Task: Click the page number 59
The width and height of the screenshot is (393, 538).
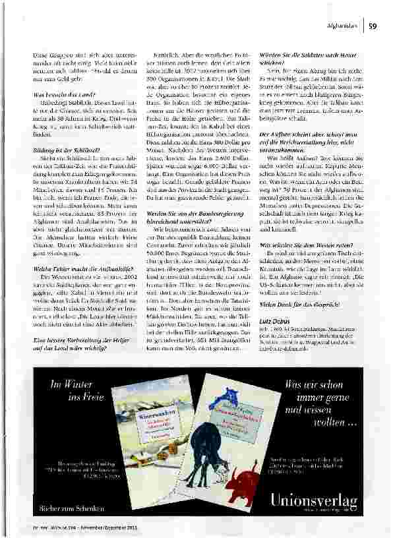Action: (x=373, y=26)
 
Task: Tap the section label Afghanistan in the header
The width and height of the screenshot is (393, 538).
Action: (x=343, y=26)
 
